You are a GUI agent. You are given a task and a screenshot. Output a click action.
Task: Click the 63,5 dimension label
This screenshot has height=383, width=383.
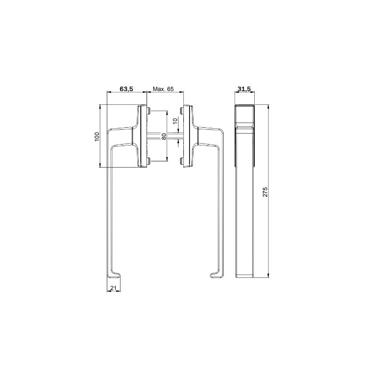126,89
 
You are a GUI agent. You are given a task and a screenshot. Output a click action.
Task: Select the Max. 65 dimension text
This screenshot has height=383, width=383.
163,89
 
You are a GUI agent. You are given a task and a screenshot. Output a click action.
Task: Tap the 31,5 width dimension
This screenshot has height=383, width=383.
244,89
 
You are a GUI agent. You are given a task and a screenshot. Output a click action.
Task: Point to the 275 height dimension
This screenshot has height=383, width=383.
265,192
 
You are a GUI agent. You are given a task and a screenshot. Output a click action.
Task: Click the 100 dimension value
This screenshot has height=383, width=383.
97,137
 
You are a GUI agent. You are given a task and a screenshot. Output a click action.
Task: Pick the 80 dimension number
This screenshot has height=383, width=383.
164,136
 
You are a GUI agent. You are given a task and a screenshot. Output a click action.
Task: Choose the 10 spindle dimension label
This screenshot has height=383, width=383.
175,120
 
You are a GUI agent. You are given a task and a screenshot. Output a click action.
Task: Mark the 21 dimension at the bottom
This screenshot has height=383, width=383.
113,288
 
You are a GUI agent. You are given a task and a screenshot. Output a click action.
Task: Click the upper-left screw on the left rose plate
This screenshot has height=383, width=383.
148,112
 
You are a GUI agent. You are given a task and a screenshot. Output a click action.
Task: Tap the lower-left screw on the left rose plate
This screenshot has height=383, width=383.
148,160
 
